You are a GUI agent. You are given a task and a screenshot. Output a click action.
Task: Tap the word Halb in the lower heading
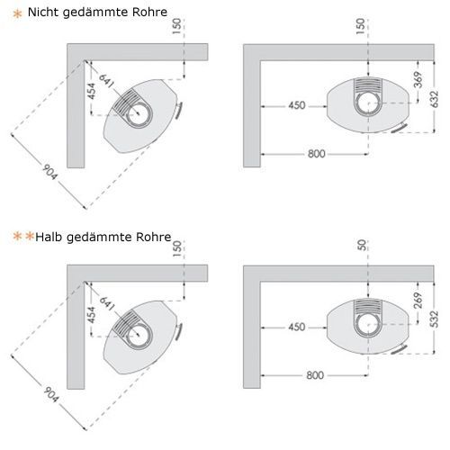pyautogui.click(x=49, y=237)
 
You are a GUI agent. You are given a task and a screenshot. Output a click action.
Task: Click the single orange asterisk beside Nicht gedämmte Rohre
pyautogui.click(x=18, y=13)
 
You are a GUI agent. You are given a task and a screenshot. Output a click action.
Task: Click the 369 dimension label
pyautogui.click(x=418, y=80)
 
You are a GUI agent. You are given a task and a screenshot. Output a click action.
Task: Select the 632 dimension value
pyautogui.click(x=434, y=99)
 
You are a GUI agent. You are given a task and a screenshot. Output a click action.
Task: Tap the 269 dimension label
pyautogui.click(x=418, y=301)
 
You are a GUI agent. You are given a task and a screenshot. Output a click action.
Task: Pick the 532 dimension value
pyautogui.click(x=434, y=319)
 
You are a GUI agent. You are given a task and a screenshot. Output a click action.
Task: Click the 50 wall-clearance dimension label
pyautogui.click(x=362, y=245)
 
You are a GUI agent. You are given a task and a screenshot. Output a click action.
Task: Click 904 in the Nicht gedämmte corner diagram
pyautogui.click(x=49, y=172)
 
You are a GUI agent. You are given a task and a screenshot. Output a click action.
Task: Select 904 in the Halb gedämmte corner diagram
pyautogui.click(x=50, y=394)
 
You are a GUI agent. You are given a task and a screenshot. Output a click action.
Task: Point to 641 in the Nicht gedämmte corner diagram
pyautogui.click(x=106, y=81)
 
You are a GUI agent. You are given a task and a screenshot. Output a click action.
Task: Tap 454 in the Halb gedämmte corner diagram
pyautogui.click(x=92, y=314)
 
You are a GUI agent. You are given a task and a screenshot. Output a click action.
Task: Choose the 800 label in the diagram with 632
pyautogui.click(x=317, y=154)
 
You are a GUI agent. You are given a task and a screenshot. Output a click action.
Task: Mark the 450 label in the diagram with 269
pyautogui.click(x=297, y=327)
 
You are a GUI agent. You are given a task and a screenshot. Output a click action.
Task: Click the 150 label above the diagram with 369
pyautogui.click(x=361, y=26)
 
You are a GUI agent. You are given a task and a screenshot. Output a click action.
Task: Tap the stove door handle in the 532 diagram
pyautogui.click(x=400, y=349)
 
